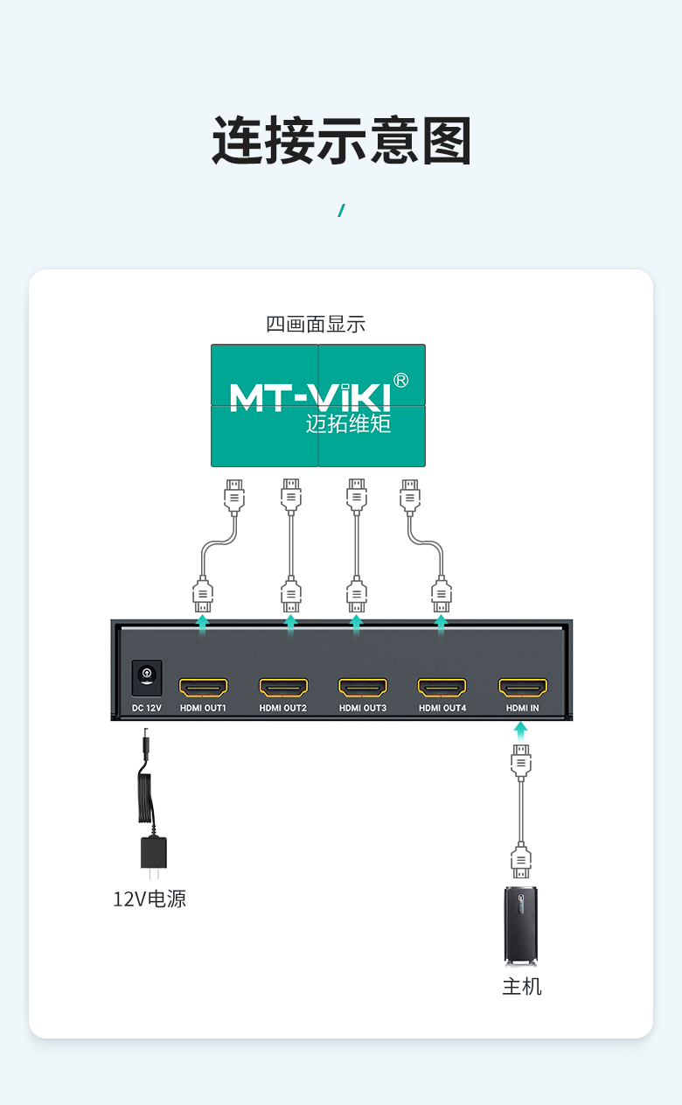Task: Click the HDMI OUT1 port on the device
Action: [203, 687]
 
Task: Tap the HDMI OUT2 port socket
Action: [283, 687]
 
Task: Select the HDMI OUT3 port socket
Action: [363, 687]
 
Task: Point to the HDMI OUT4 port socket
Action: [442, 687]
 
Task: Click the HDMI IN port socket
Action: [523, 687]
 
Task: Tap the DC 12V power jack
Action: [147, 678]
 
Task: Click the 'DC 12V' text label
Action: [147, 708]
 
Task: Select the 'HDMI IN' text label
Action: [522, 708]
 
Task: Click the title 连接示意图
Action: [341, 141]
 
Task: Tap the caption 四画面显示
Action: [316, 324]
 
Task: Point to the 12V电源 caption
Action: [150, 899]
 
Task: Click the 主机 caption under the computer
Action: [522, 987]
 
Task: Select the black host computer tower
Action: [521, 926]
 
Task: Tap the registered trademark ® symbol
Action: [401, 381]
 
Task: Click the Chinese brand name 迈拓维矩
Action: [348, 423]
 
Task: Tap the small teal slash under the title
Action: [341, 210]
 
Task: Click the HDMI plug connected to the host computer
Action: [521, 860]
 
